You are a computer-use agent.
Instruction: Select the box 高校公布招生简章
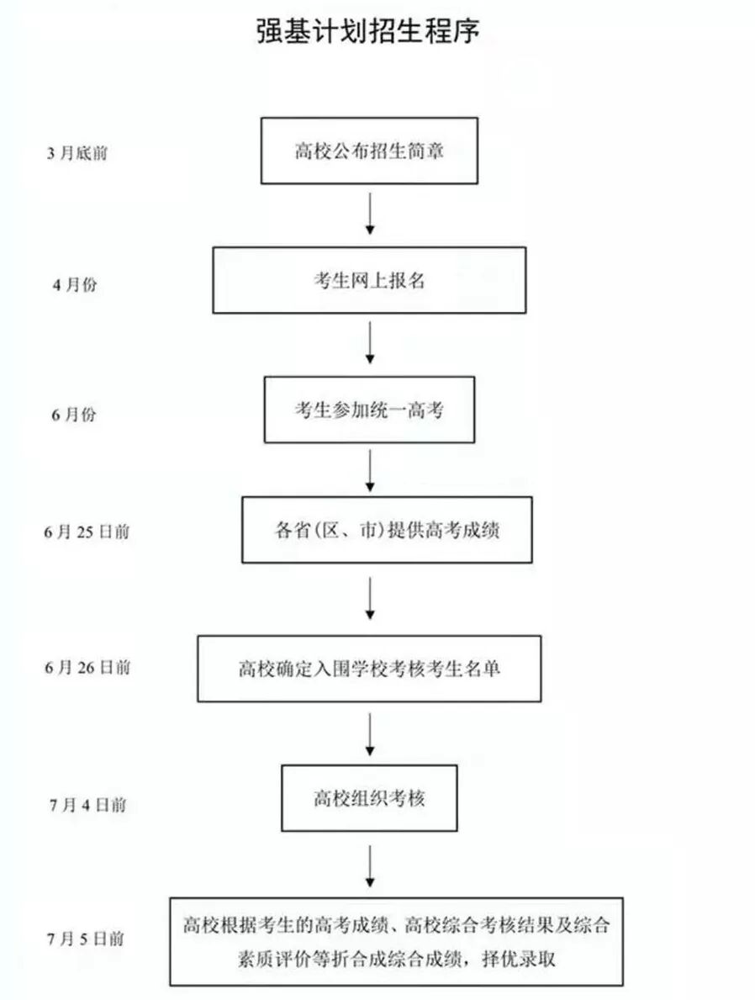pos(369,151)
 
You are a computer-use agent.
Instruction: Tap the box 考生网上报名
pos(369,280)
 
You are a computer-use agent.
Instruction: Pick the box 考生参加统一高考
pos(369,410)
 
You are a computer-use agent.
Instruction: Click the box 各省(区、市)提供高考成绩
pos(387,530)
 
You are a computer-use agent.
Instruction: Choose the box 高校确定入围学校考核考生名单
pos(369,669)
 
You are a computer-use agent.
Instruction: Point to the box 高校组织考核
pos(369,798)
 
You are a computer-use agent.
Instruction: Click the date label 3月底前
pos(77,154)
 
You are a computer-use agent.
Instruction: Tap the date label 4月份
pos(75,284)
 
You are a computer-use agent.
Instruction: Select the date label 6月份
pos(75,415)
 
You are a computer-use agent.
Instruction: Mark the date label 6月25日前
pos(87,532)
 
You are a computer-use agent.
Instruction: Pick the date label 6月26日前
pos(87,668)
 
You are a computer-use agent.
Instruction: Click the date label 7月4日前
pos(87,805)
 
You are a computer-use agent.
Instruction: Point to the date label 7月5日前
pos(87,939)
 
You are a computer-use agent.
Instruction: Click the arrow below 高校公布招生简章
pos(370,214)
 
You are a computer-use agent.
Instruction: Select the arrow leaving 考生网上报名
pos(370,343)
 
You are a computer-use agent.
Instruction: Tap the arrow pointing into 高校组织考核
pos(370,734)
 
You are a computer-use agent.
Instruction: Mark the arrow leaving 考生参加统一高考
pos(370,470)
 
